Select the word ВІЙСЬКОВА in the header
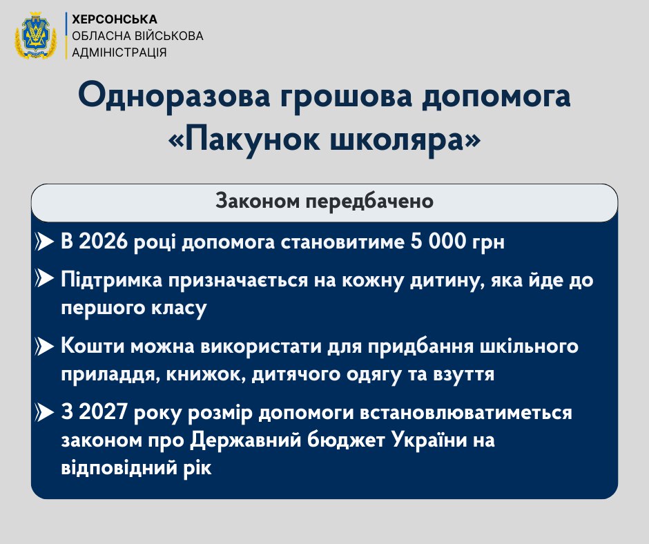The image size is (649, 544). [x=168, y=35]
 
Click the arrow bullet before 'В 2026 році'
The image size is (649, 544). [x=44, y=244]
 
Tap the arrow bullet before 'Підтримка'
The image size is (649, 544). [x=44, y=281]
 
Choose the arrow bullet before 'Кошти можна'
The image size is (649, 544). [x=44, y=347]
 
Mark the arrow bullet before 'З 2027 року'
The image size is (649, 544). [x=44, y=413]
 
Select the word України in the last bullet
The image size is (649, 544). [x=429, y=440]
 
